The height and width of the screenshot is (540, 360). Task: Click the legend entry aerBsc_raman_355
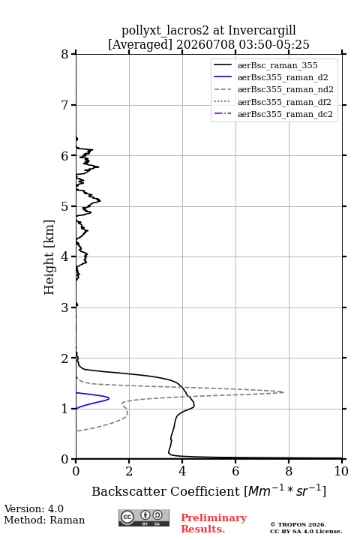pos(277,65)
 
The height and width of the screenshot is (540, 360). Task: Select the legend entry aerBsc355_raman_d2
pos(283,77)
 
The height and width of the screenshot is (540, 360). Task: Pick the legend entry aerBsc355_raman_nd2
pos(286,89)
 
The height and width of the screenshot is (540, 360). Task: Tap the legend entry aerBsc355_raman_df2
pos(284,102)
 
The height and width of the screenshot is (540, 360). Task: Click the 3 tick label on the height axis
pos(65,307)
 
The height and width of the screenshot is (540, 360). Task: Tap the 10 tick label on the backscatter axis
pos(341,471)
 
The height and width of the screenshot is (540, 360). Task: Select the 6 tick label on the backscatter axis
pos(235,471)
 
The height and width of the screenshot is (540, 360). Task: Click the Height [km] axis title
pos(49,257)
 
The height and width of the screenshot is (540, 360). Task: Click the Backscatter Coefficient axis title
pos(208,491)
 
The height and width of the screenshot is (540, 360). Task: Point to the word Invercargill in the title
pos(262,31)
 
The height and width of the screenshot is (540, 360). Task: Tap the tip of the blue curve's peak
pos(109,398)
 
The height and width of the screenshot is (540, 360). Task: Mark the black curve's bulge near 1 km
pos(194,406)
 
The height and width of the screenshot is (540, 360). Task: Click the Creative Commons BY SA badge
pos(144,517)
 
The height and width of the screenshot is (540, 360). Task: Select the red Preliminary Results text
pos(214,523)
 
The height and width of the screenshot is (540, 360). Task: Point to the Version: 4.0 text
pos(34,508)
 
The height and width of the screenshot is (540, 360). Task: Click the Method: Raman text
pos(44,520)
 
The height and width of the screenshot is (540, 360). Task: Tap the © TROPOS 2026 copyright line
pos(298,524)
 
